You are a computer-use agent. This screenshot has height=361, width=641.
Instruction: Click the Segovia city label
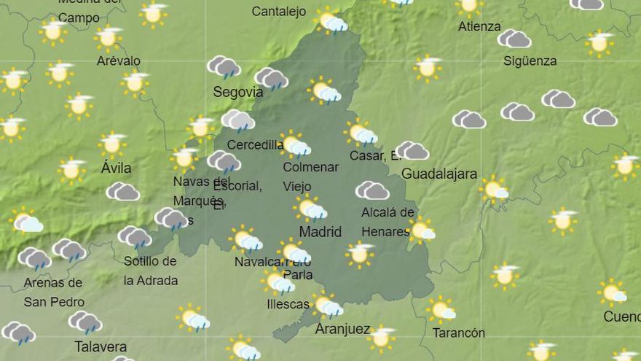click(x=237, y=92)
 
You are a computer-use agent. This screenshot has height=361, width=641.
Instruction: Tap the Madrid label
click(x=320, y=232)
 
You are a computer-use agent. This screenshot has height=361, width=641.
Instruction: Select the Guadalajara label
click(x=439, y=174)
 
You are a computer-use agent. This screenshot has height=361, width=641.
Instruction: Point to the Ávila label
click(x=116, y=168)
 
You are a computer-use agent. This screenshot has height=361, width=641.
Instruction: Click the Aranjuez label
click(x=342, y=329)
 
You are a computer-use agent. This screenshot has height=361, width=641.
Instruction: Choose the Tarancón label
click(x=458, y=333)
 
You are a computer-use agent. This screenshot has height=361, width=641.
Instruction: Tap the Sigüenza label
click(x=530, y=61)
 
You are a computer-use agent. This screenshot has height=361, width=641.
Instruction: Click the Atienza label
click(x=479, y=26)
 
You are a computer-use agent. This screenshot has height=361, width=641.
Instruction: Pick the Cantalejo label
click(x=278, y=11)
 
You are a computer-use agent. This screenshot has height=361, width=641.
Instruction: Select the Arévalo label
click(x=118, y=61)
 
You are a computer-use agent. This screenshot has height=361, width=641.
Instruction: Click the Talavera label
click(x=101, y=346)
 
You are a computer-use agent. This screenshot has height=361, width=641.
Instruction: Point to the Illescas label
click(x=288, y=304)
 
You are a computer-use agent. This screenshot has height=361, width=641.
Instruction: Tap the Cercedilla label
click(x=255, y=144)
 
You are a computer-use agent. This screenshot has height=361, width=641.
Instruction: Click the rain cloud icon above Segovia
click(x=224, y=67)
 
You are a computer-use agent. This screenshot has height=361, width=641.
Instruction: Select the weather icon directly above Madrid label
click(x=310, y=209)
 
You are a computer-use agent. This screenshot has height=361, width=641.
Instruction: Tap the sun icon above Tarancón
click(x=441, y=310)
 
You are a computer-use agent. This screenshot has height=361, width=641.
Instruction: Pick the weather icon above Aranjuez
click(x=328, y=306)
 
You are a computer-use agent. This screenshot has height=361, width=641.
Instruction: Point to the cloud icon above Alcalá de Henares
click(x=372, y=191)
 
